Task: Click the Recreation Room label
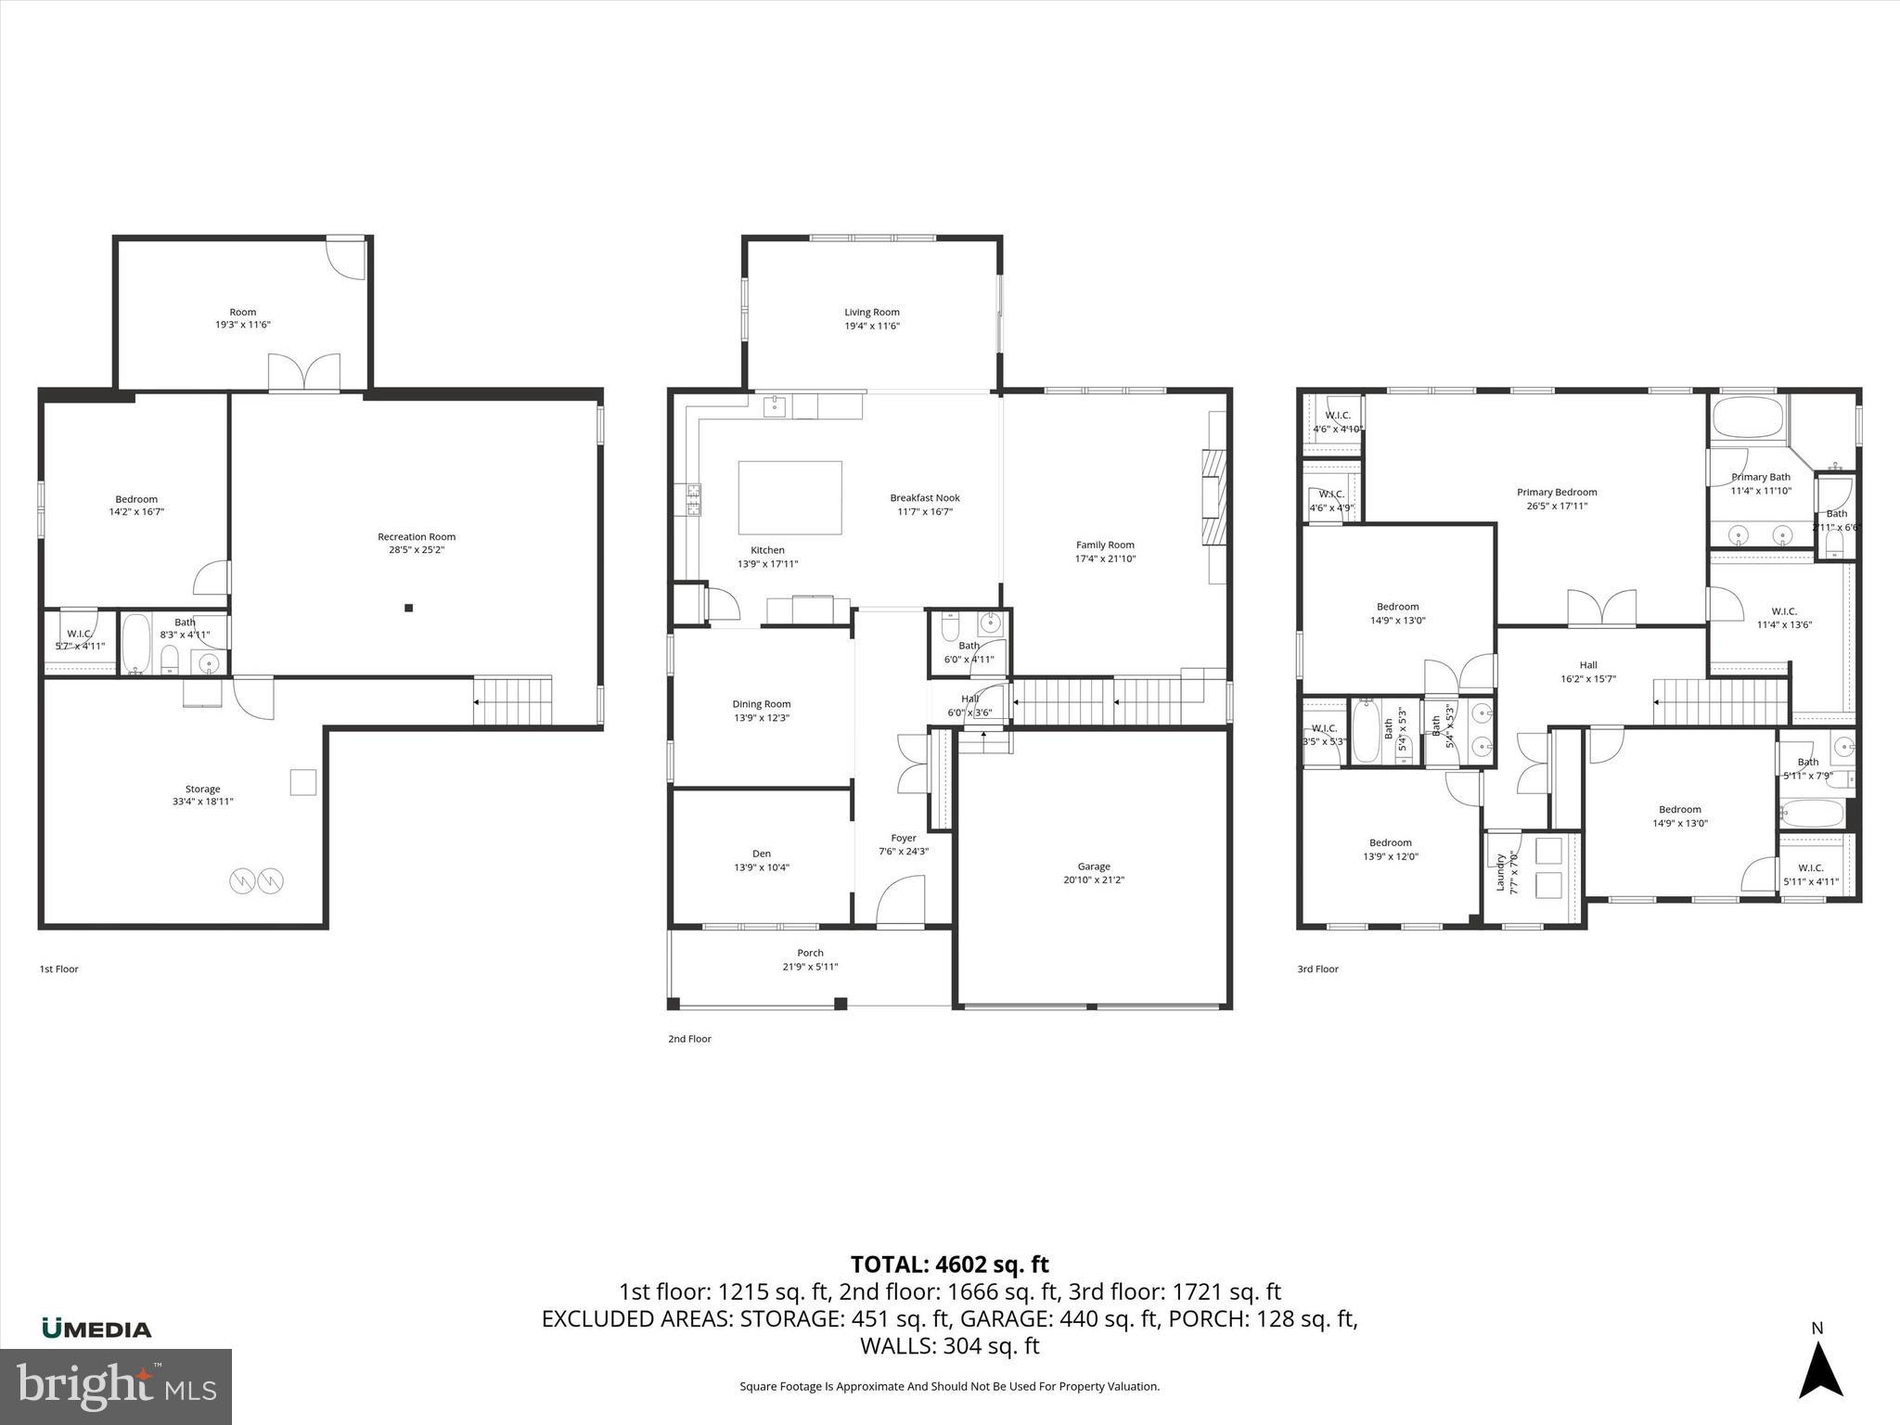416,536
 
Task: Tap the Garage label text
1094,867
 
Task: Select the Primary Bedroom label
1557,493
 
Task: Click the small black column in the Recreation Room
408,609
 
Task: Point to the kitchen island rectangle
790,498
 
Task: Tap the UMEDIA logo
96,1329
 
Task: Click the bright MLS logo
116,1386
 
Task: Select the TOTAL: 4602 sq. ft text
949,1265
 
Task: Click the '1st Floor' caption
58,969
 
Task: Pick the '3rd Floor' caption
1317,969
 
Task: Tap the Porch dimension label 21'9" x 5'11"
810,967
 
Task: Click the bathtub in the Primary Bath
1748,417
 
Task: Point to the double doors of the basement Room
304,372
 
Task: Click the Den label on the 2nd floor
761,854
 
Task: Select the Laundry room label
1500,872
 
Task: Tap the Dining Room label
762,704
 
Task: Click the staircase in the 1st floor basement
513,700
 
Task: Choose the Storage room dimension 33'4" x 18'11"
202,802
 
